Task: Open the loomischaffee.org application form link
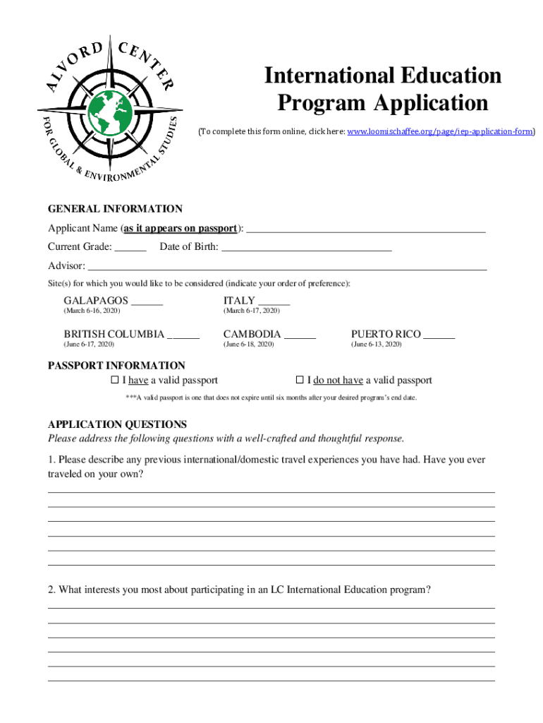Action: click(x=441, y=131)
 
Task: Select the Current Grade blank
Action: click(x=130, y=249)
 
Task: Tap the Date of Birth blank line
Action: click(x=307, y=249)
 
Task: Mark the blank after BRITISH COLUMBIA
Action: click(x=183, y=335)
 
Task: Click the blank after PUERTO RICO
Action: click(x=439, y=335)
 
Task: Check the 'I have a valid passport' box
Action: click(x=116, y=381)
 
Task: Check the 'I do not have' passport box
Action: click(x=300, y=381)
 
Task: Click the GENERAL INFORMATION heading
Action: click(x=115, y=209)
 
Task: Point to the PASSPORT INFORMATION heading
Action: click(x=116, y=366)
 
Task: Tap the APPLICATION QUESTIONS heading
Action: click(x=117, y=424)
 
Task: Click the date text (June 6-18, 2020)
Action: click(x=248, y=345)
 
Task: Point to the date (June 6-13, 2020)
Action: click(x=376, y=345)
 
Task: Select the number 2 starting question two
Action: click(x=51, y=590)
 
